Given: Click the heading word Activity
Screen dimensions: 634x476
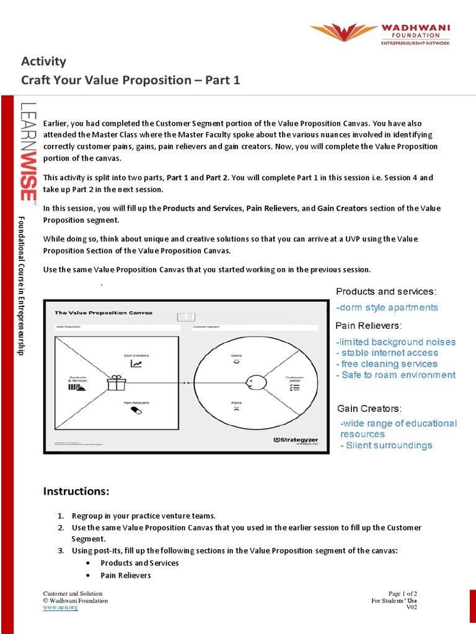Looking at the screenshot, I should [43, 61].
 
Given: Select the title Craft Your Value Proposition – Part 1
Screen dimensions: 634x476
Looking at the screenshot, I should [130, 80].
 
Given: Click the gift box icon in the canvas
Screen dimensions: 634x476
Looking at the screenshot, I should [116, 383].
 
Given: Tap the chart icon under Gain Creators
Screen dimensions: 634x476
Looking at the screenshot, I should [136, 363].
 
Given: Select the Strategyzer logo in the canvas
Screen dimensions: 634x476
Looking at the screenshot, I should [296, 440].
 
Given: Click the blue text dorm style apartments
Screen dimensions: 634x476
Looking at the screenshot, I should [387, 308].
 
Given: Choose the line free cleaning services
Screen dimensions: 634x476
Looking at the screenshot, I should [387, 364].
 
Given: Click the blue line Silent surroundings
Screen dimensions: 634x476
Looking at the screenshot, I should [386, 445].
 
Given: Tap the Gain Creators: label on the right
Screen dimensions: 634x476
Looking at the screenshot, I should [369, 409].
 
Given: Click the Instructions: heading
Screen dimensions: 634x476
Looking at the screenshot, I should [76, 491].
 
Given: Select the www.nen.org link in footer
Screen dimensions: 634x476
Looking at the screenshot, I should [60, 607].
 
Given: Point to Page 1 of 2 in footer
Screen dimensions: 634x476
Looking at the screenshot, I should [403, 594].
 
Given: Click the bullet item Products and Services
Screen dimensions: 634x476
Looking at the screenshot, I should [139, 563].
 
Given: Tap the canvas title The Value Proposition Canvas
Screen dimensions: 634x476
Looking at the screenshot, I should [104, 313].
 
